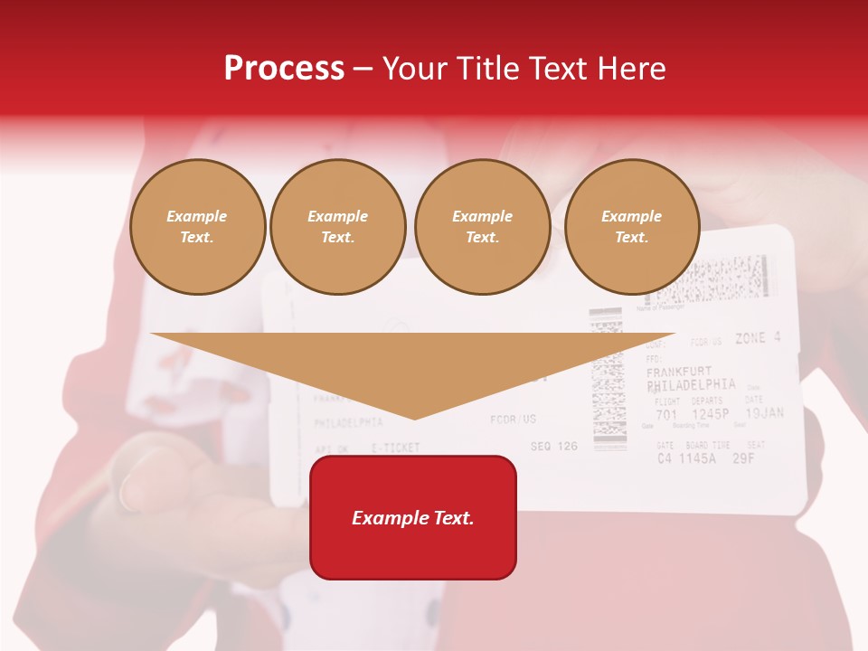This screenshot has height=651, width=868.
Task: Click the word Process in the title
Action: [x=284, y=69]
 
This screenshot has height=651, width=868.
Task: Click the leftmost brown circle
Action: [x=198, y=227]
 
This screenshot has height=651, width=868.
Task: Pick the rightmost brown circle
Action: [x=632, y=227]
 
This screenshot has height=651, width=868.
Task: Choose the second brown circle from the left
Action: [x=338, y=227]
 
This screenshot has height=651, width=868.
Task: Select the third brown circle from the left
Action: [x=483, y=227]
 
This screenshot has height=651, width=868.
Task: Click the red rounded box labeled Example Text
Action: [x=413, y=517]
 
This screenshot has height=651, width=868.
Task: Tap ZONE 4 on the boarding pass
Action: [x=757, y=338]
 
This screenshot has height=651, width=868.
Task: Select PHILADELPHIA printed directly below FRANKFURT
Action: [x=692, y=385]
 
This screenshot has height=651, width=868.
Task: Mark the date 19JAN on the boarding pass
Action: [x=764, y=414]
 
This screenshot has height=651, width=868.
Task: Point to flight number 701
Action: [x=666, y=416]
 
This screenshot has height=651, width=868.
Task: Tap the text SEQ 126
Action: [x=553, y=446]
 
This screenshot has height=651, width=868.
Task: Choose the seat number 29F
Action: [x=743, y=458]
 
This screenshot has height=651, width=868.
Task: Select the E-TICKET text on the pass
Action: [x=395, y=448]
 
